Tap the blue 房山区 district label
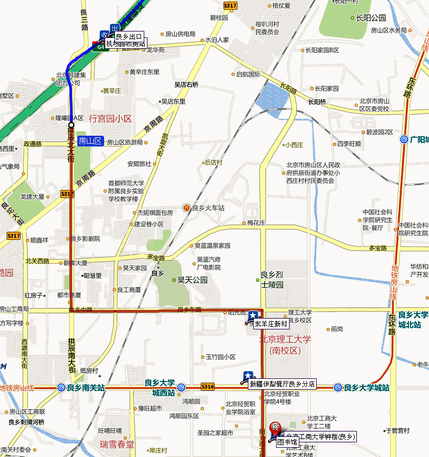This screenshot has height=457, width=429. tap(90, 141)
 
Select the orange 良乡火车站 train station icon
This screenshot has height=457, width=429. tap(187, 207)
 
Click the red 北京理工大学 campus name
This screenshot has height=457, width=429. tap(285, 340)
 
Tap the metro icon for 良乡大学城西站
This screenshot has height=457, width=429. tap(181, 388)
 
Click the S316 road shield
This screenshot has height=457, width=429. tap(207, 386)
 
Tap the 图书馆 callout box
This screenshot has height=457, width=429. tap(287, 442)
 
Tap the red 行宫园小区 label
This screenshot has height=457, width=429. tap(111, 118)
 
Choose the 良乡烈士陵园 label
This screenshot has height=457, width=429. tap(272, 279)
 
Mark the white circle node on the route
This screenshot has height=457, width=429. tap(71, 125)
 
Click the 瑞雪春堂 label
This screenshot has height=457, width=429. tap(117, 444)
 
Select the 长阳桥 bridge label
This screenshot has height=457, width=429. tap(317, 101)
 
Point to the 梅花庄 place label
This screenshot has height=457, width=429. tap(256, 223)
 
